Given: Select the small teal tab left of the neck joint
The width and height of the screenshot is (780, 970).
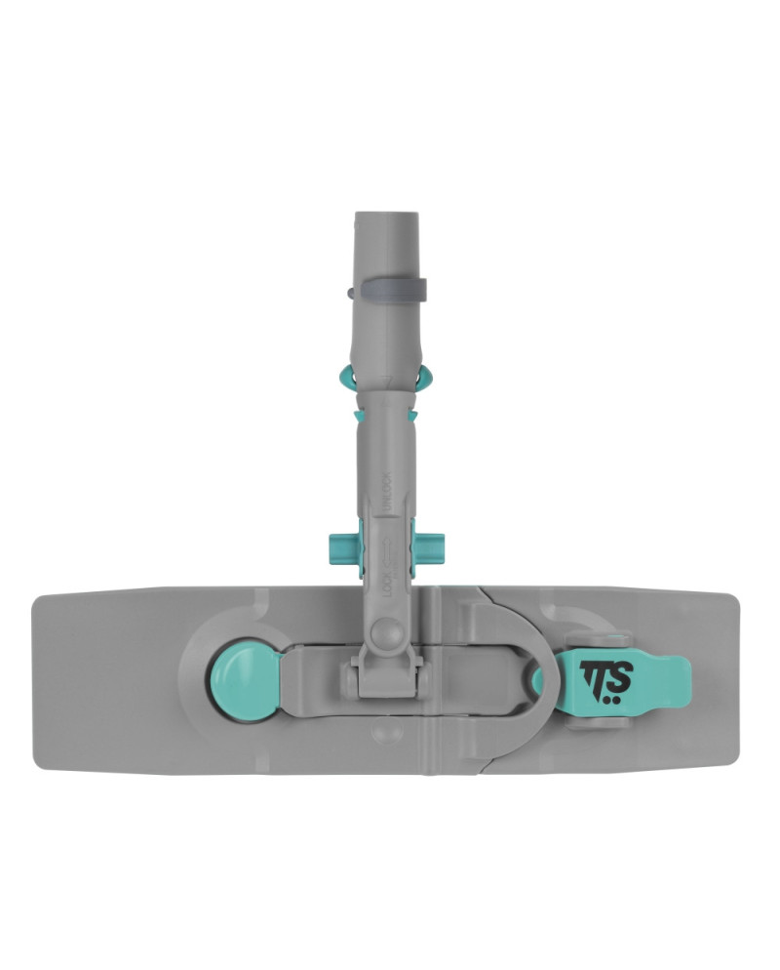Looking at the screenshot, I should click(360, 416).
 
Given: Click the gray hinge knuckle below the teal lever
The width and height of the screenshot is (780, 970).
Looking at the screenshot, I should click(591, 721).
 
